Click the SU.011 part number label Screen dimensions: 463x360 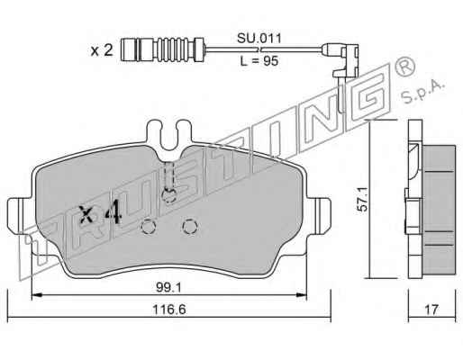click(x=259, y=39)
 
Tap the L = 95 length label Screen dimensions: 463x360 click(x=259, y=61)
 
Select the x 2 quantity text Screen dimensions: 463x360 click(x=102, y=50)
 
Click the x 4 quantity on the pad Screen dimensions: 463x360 click(x=100, y=214)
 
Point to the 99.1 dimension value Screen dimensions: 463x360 click(x=168, y=288)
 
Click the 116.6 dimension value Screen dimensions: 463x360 click(x=169, y=310)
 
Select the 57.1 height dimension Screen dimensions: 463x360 click(x=363, y=199)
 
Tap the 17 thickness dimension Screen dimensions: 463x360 click(x=431, y=310)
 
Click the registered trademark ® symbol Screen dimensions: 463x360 click(x=405, y=67)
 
